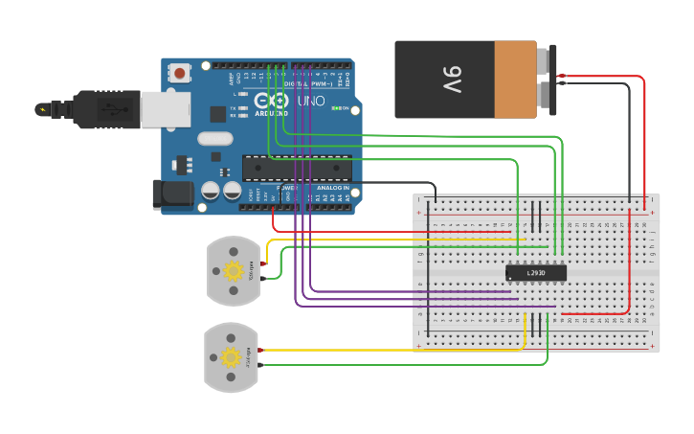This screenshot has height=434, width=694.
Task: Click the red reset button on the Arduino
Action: point(180,73)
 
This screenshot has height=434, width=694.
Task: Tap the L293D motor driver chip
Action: point(536,273)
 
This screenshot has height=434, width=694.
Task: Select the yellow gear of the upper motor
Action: point(232,270)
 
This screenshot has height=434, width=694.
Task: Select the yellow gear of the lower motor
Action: point(231,357)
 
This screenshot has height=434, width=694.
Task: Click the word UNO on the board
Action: point(311,101)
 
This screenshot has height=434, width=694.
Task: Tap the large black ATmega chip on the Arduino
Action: point(296,168)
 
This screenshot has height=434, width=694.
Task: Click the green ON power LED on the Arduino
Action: point(336,108)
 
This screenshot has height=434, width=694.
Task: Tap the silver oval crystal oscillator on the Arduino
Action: point(215,138)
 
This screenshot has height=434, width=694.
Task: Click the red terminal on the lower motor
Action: point(259,352)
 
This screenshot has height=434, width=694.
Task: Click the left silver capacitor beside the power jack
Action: point(210,191)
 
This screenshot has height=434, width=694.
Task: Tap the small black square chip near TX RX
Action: point(218,113)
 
